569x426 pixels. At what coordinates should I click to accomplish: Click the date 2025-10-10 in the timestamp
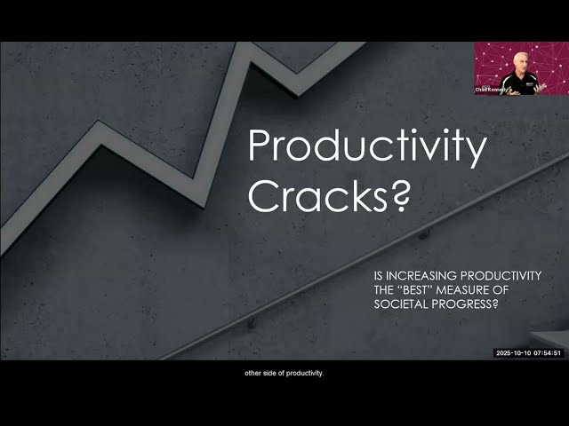point(513,352)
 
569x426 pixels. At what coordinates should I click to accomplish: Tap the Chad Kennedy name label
point(490,90)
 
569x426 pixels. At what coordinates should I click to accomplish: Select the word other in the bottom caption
point(253,373)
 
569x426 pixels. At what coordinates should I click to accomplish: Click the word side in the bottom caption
point(272,373)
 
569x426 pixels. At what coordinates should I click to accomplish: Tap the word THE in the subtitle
point(384,291)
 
